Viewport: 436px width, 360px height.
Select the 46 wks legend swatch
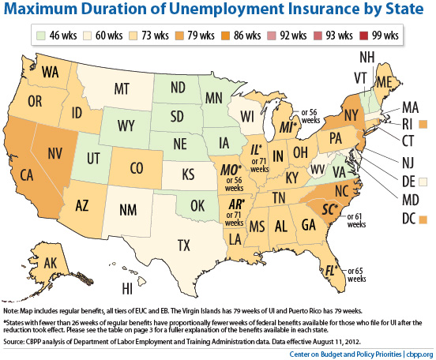coord(41,36)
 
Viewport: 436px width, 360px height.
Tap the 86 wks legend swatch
coord(226,36)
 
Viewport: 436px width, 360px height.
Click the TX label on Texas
coord(184,246)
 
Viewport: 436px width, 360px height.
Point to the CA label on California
coord(27,175)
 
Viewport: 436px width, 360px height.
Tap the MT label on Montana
coord(122,89)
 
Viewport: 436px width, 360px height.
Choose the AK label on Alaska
coord(51,263)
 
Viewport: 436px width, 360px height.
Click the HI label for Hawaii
coord(127,288)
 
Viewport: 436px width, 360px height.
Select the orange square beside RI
coord(423,124)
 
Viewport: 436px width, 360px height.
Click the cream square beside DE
coord(423,182)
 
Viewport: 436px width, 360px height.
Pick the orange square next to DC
coord(423,219)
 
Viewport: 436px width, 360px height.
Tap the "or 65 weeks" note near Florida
coord(356,275)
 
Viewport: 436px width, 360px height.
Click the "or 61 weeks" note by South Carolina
coord(356,220)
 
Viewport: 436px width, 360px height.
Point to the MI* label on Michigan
coord(288,127)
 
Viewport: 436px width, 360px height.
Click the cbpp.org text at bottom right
coord(419,354)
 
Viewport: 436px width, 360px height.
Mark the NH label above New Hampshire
coord(367,57)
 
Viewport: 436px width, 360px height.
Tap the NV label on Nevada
coord(54,153)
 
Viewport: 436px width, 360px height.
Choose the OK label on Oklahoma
coord(197,206)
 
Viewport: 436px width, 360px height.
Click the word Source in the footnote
coord(13,341)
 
